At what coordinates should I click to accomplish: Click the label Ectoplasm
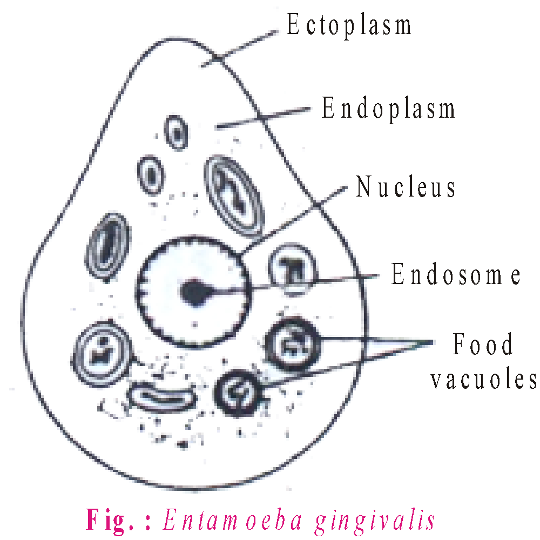pos(349,25)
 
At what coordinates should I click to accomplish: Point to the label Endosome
pos(456,275)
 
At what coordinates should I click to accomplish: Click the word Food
pos(483,345)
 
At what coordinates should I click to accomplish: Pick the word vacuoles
pos(484,380)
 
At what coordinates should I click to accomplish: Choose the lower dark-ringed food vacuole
pos(239,393)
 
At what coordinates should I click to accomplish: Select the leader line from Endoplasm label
pos(265,119)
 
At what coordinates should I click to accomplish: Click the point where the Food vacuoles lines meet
pos(432,341)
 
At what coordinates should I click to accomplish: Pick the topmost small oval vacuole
pos(176,132)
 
